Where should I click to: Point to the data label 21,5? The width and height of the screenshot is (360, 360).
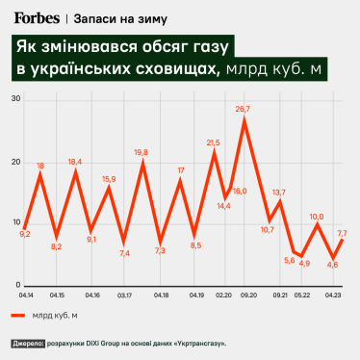[x=214, y=142]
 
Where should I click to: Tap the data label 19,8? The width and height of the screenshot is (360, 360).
[x=141, y=152]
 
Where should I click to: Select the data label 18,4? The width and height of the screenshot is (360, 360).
[x=75, y=162]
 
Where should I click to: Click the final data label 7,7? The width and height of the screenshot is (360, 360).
[x=342, y=234]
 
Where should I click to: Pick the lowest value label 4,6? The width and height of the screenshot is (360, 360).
[x=332, y=264]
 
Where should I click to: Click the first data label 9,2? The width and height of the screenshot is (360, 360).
[x=25, y=234]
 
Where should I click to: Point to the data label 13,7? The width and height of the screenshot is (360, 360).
[x=279, y=193]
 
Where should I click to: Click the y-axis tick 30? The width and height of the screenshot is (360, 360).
[x=17, y=99]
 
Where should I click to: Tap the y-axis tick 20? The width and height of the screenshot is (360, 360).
[x=17, y=162]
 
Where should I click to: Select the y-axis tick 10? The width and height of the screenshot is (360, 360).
[x=17, y=224]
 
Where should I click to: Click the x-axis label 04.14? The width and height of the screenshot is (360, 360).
[x=24, y=296]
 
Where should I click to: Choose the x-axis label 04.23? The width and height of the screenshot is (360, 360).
[x=332, y=296]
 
